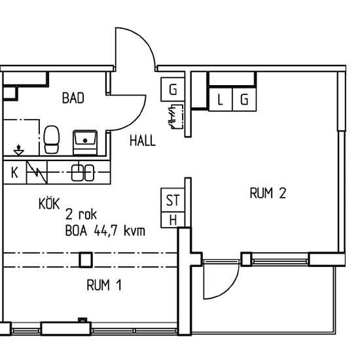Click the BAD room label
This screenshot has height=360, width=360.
tap(73, 99)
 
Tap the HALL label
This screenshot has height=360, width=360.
tap(142, 140)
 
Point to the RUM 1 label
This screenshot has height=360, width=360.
tap(104, 285)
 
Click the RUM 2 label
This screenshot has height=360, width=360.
tap(268, 193)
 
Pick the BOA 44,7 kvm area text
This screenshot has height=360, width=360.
tap(105, 230)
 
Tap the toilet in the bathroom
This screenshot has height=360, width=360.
tap(52, 139)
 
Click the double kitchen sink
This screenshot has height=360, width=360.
tap(84, 173)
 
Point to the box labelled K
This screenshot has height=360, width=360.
tap(14, 173)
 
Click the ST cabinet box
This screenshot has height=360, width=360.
tap(173, 200)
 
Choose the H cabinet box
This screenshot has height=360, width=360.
tap(173, 220)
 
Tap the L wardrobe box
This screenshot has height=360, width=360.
tap(220, 99)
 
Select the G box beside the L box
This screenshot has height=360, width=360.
tap(243, 99)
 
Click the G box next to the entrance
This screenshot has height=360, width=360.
tap(173, 90)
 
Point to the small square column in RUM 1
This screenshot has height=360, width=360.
tap(84, 260)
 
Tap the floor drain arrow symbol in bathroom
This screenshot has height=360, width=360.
tap(20, 149)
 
